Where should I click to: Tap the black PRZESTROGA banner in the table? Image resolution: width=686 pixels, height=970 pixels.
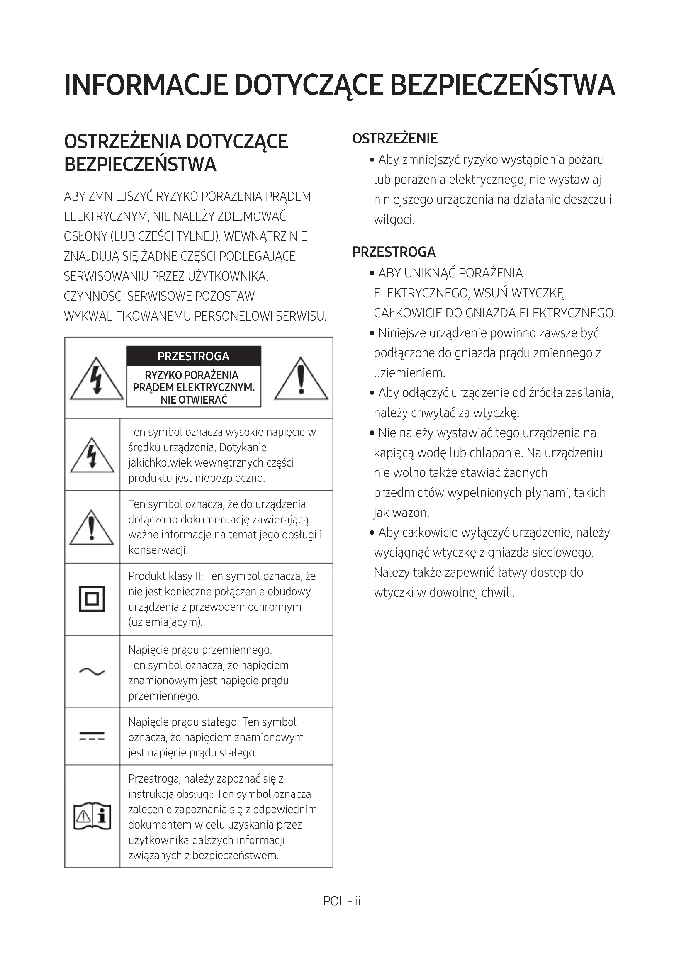(193, 356)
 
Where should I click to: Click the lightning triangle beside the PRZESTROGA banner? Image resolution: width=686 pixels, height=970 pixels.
(97, 380)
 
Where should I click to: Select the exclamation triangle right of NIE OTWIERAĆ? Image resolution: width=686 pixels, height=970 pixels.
(301, 380)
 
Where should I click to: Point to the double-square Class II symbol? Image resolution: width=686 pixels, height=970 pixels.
(92, 599)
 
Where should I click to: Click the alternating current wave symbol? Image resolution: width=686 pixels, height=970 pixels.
(92, 671)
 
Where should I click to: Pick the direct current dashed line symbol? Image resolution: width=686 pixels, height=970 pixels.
(92, 737)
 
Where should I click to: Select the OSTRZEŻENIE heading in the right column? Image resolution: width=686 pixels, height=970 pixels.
(395, 139)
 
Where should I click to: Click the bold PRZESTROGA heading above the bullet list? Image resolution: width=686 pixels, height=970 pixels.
(394, 252)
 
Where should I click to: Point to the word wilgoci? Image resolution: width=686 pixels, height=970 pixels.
(394, 220)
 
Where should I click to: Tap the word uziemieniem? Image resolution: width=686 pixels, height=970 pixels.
(409, 373)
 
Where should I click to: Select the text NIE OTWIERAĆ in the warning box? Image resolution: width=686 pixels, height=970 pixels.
(193, 400)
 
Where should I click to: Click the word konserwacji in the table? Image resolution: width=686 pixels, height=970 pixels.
(158, 550)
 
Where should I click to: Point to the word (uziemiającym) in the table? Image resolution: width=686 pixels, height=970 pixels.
(165, 622)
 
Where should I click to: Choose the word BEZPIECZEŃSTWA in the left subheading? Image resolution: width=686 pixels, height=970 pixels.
(140, 164)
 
